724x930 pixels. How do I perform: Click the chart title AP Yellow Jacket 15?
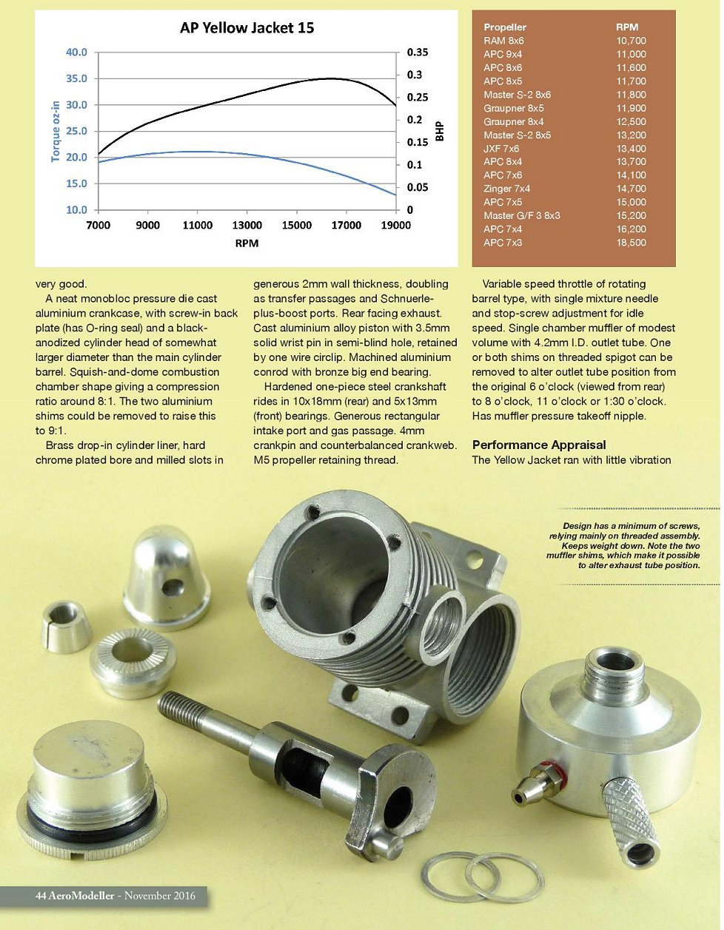click(x=247, y=28)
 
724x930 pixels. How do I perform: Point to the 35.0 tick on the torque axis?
click(x=76, y=78)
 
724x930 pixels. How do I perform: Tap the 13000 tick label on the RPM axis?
click(x=247, y=225)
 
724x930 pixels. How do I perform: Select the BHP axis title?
click(x=440, y=132)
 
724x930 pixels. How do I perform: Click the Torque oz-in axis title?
click(x=56, y=131)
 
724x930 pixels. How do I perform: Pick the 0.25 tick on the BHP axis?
click(x=418, y=98)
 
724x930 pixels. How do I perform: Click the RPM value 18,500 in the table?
click(x=631, y=243)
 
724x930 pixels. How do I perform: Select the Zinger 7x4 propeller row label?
click(x=506, y=189)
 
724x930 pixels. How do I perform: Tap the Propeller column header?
click(x=505, y=27)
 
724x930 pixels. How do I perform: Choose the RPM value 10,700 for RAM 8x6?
click(x=631, y=41)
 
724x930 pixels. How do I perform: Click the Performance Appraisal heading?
click(x=539, y=445)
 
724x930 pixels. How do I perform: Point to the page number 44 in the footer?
click(x=41, y=896)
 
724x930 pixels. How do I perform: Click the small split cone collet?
click(x=67, y=626)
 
